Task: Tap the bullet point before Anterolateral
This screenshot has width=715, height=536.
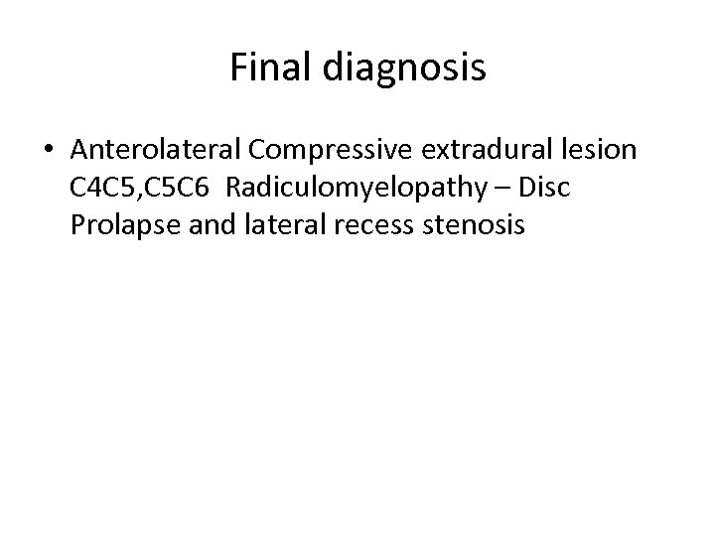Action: [49, 150]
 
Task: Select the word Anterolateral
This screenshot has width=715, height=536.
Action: [157, 150]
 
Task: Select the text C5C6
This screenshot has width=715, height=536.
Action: [179, 189]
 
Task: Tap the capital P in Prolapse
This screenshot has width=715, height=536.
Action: [77, 226]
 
